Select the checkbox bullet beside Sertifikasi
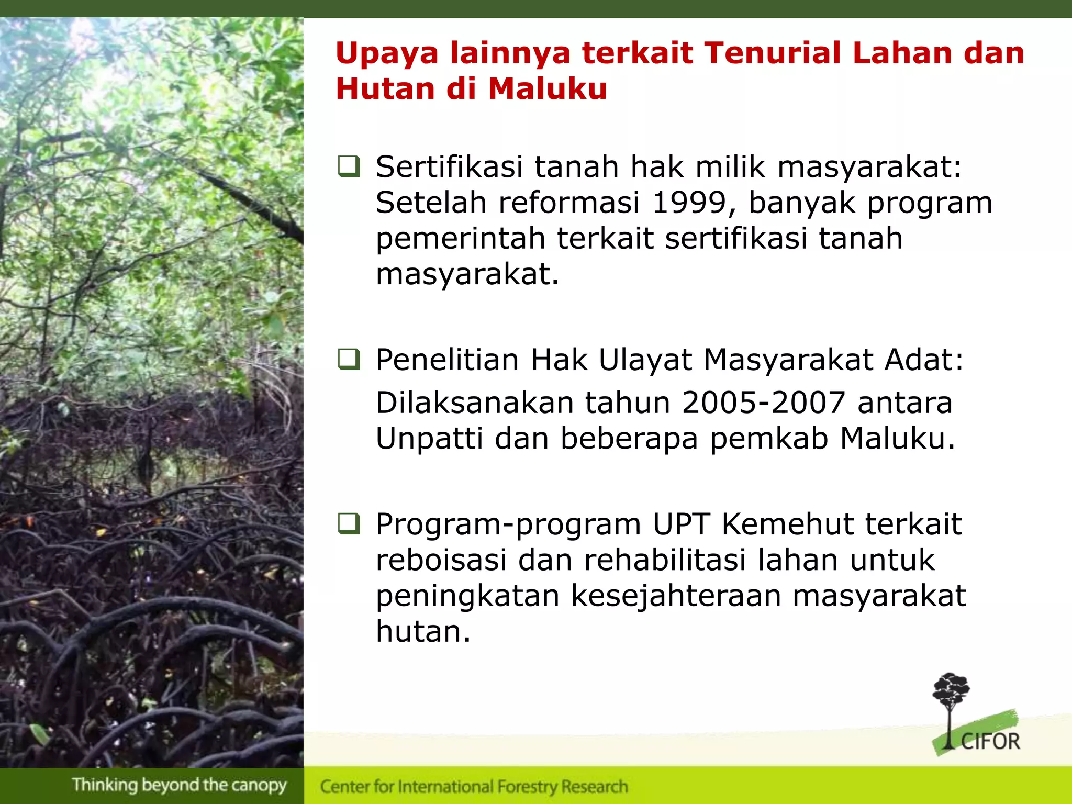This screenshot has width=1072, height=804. (349, 166)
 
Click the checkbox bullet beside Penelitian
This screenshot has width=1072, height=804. (349, 360)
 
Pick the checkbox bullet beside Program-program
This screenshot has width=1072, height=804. (349, 524)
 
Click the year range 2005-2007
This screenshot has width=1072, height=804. (764, 403)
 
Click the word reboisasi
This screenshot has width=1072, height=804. (441, 560)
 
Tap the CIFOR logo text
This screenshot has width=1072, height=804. (990, 742)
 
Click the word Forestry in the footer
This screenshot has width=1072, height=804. (528, 787)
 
